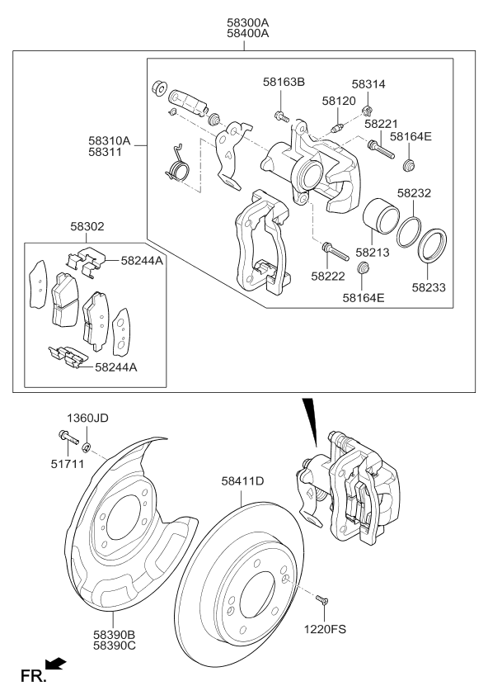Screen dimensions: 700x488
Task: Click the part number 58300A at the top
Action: [x=244, y=22]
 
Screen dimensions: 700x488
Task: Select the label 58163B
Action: [x=284, y=83]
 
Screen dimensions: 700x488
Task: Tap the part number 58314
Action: [x=368, y=85]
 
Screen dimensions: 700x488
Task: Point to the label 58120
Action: [x=338, y=100]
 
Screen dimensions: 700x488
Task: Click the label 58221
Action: [x=382, y=123]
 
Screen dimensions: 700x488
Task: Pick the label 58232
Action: [x=415, y=193]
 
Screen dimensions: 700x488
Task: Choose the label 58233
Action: [x=429, y=288]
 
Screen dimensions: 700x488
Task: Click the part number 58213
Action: [x=372, y=254]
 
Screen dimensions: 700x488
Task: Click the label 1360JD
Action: [x=87, y=418]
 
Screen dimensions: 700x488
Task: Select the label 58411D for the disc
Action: [x=242, y=480]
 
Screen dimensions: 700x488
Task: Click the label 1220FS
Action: [x=325, y=628]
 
